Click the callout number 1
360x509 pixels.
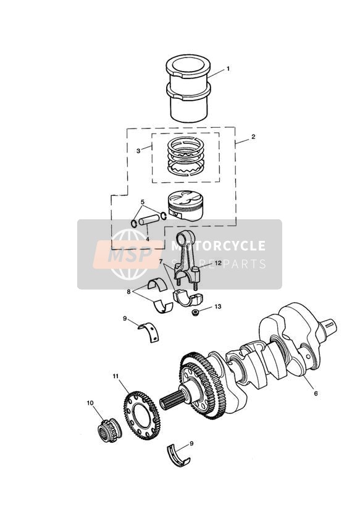(x=228, y=69)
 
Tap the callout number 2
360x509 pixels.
(x=253, y=137)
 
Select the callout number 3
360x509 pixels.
(x=138, y=151)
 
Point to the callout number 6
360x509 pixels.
(x=316, y=393)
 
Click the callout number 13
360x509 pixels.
(x=217, y=306)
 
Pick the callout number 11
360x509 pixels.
(x=116, y=376)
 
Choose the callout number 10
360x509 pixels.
(x=90, y=403)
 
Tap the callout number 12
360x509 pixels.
(x=217, y=263)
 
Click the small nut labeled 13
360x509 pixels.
(x=195, y=313)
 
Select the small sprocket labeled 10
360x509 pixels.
(x=110, y=431)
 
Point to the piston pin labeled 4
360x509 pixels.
(x=149, y=221)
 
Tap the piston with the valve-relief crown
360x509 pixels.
(x=181, y=205)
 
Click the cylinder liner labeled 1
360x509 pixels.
(x=188, y=88)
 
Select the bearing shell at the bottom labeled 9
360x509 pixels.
(x=178, y=455)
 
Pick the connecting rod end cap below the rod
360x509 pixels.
(x=187, y=298)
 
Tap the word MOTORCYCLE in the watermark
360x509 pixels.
(x=218, y=246)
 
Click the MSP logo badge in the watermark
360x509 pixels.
(x=128, y=254)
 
